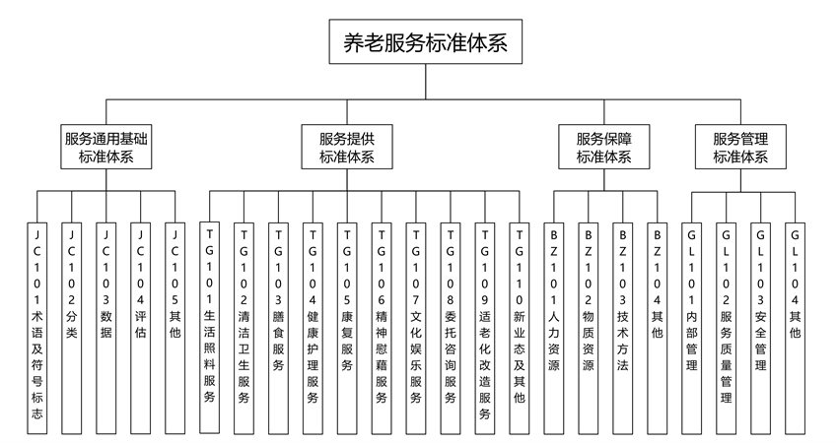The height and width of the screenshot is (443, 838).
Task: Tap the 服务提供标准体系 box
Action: click(347, 147)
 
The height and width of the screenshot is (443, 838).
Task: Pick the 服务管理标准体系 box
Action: click(741, 147)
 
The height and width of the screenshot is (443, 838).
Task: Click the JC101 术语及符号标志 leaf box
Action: click(36, 325)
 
